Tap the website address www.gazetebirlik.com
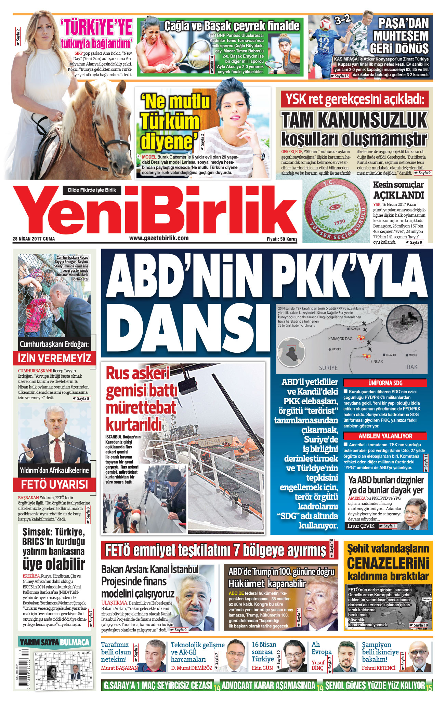tap(159, 238)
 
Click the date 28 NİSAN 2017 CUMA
tap(34, 239)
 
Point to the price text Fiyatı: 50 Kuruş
tap(282, 239)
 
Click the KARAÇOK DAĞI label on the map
tap(340, 339)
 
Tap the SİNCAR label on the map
tap(377, 361)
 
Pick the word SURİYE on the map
tap(328, 368)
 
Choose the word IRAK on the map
tap(411, 367)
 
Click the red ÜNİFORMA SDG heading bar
tap(385, 383)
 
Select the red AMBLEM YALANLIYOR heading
tap(385, 436)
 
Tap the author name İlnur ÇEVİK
tap(361, 526)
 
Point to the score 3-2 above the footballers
tap(342, 20)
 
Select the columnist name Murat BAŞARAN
tap(119, 668)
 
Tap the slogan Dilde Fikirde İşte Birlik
tap(92, 190)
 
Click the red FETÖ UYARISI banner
tap(54, 485)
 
